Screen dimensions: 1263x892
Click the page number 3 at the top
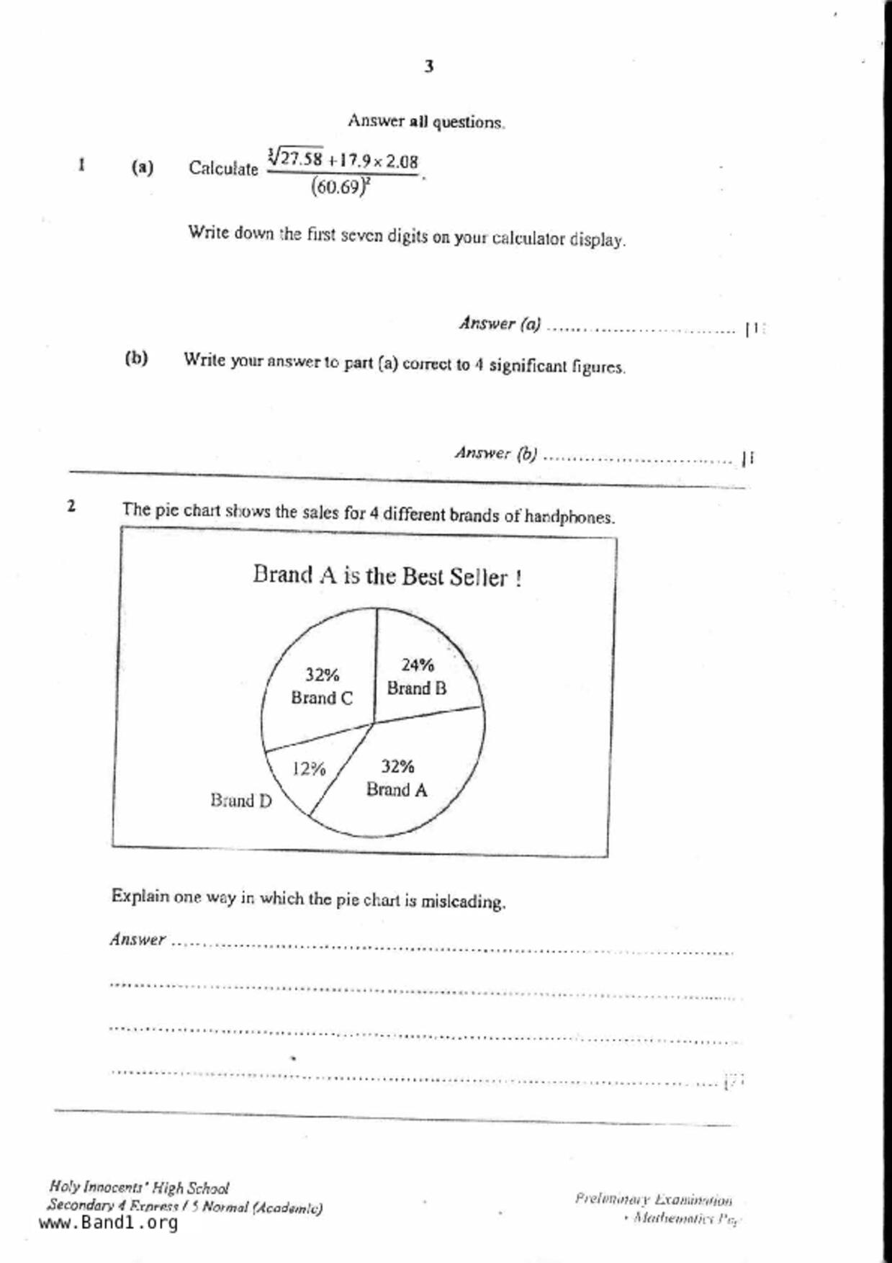(428, 67)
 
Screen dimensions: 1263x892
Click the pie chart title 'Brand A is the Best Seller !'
(387, 576)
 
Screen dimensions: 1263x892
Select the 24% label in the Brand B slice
(418, 665)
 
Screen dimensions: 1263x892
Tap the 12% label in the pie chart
(309, 769)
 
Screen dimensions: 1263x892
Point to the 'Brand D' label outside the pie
(241, 801)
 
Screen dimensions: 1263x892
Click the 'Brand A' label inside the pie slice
(397, 790)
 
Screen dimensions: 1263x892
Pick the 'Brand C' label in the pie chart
(322, 698)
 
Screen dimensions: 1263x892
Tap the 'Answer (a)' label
(500, 324)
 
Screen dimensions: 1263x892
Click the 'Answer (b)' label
(495, 454)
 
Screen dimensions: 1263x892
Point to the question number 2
(71, 506)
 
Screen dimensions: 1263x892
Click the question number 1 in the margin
(82, 166)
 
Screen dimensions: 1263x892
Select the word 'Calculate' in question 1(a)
(223, 168)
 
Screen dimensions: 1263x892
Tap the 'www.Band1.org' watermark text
(108, 1223)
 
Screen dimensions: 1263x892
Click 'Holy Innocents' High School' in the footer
(139, 1187)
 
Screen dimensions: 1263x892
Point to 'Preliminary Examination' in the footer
(653, 1200)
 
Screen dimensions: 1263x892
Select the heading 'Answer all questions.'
(426, 121)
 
